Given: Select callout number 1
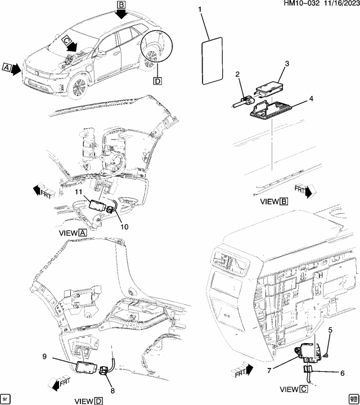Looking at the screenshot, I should (x=199, y=10).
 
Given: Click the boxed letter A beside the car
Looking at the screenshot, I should (x=7, y=68).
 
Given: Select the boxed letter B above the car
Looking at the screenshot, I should (x=121, y=5).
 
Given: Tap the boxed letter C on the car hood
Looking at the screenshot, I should (x=66, y=40).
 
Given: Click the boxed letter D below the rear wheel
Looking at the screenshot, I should (x=156, y=82).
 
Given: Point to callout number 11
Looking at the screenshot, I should (x=79, y=193).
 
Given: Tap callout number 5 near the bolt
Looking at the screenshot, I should (x=330, y=330).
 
